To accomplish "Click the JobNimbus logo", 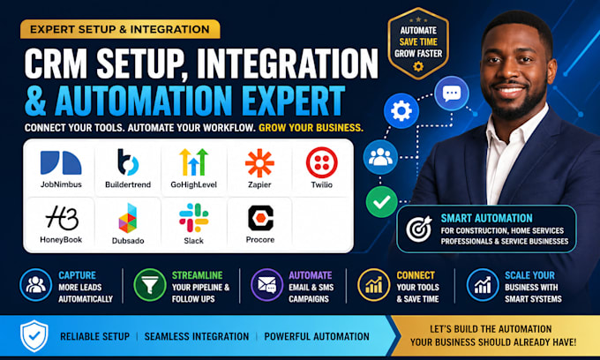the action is click(x=61, y=162).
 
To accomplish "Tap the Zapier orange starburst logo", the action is click(x=259, y=163).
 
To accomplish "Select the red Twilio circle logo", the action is click(x=322, y=162).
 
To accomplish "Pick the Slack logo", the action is click(x=193, y=218).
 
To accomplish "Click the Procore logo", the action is click(x=260, y=218).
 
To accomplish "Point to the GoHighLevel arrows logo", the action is click(x=193, y=161).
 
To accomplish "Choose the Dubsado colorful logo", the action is click(x=128, y=218).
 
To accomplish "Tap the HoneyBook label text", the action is click(x=61, y=240).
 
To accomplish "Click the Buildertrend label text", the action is click(x=128, y=184).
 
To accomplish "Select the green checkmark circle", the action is click(x=381, y=202).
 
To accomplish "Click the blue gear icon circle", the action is click(x=401, y=111).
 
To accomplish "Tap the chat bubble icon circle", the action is click(x=452, y=94).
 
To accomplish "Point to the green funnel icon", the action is click(x=150, y=285).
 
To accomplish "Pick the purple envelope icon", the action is click(x=267, y=285).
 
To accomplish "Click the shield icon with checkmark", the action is click(x=34, y=336).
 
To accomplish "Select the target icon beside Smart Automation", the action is click(x=419, y=229).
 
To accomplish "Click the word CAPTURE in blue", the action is click(x=78, y=275).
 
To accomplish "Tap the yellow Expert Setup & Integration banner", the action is click(x=120, y=29).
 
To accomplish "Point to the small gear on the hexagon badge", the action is click(x=418, y=66).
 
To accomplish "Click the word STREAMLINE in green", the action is click(x=197, y=275).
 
